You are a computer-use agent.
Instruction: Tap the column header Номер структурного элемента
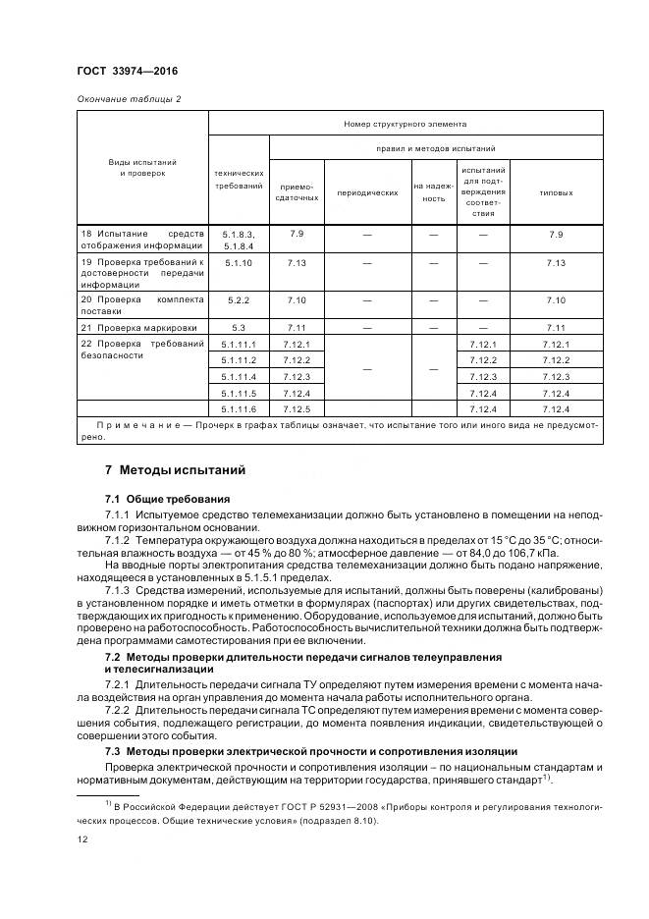[405, 124]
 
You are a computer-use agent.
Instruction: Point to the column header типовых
[556, 192]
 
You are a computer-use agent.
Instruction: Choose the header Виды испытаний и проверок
[142, 167]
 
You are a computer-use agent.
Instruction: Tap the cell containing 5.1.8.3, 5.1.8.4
[238, 241]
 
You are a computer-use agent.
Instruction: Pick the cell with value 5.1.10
[238, 263]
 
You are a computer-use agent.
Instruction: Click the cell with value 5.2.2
[238, 299]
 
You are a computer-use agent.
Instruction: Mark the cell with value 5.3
[238, 327]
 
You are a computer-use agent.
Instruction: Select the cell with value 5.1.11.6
[239, 407]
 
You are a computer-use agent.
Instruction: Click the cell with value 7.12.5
[297, 407]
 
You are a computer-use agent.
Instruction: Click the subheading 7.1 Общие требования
[167, 499]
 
